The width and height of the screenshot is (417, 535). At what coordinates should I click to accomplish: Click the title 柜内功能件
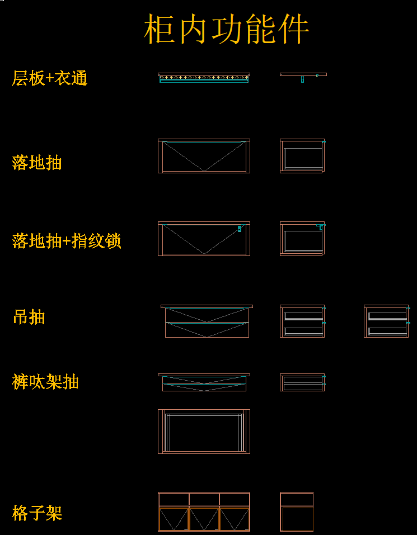[227, 29]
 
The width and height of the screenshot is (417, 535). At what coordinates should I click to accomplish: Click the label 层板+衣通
[50, 78]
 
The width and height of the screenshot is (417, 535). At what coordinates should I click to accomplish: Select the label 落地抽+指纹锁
[67, 242]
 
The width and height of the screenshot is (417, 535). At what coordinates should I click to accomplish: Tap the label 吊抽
[29, 317]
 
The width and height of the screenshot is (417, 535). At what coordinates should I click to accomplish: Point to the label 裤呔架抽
[45, 382]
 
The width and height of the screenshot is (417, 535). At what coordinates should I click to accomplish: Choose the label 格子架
[38, 513]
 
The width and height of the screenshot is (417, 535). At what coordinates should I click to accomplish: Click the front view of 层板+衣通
[204, 78]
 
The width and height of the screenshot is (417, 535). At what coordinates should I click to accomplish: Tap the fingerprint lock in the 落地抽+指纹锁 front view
[240, 229]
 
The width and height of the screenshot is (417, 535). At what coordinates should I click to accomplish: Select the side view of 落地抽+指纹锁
[303, 239]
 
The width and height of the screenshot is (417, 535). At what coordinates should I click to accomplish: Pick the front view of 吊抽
[207, 321]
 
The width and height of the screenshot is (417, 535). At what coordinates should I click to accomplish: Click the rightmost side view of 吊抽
[387, 321]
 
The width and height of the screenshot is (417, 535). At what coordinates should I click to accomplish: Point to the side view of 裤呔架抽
[303, 382]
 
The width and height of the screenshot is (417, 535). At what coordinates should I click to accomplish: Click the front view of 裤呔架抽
[204, 382]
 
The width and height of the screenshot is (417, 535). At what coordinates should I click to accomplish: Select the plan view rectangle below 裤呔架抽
[204, 432]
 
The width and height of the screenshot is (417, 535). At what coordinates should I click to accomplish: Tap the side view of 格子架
[297, 512]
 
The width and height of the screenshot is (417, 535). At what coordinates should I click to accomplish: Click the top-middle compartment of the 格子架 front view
[204, 499]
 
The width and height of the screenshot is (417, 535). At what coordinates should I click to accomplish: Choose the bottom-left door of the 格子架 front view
[174, 519]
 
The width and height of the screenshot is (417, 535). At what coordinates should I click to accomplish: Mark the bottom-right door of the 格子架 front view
[235, 519]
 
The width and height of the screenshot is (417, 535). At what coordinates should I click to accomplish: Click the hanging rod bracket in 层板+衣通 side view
[302, 79]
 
